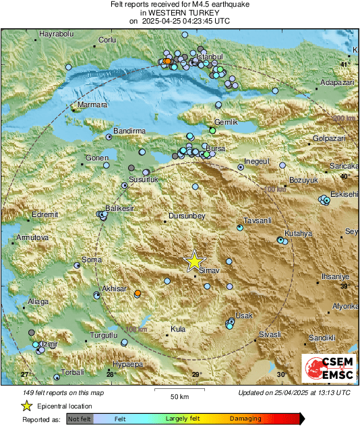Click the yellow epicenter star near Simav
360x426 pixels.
point(194,261)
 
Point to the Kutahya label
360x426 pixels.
point(299,233)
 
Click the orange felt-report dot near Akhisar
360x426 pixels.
point(138,293)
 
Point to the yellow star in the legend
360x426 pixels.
point(26,406)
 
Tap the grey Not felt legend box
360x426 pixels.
point(79,419)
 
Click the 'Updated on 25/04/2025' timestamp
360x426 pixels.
point(294,392)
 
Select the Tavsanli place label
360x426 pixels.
point(257,220)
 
